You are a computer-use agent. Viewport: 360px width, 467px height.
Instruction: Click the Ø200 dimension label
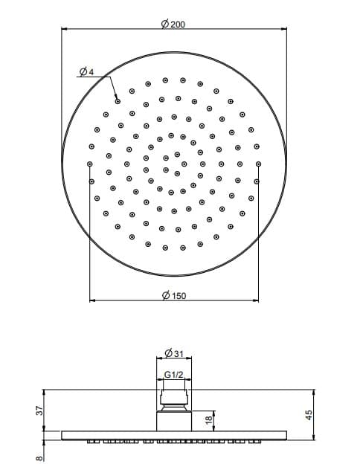173,24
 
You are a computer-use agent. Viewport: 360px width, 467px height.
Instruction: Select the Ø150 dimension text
174,295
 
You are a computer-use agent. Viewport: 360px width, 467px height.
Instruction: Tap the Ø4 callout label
87,72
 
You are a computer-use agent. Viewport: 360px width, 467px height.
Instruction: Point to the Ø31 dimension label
174,353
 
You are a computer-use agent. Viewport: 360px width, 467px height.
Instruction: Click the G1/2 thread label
174,374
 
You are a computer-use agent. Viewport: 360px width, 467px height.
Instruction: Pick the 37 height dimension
40,410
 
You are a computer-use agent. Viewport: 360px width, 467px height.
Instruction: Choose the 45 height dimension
309,415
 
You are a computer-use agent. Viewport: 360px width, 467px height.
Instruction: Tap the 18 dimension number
209,419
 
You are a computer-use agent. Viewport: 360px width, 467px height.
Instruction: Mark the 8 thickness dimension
39,458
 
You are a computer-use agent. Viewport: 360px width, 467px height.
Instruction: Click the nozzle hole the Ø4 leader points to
118,102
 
